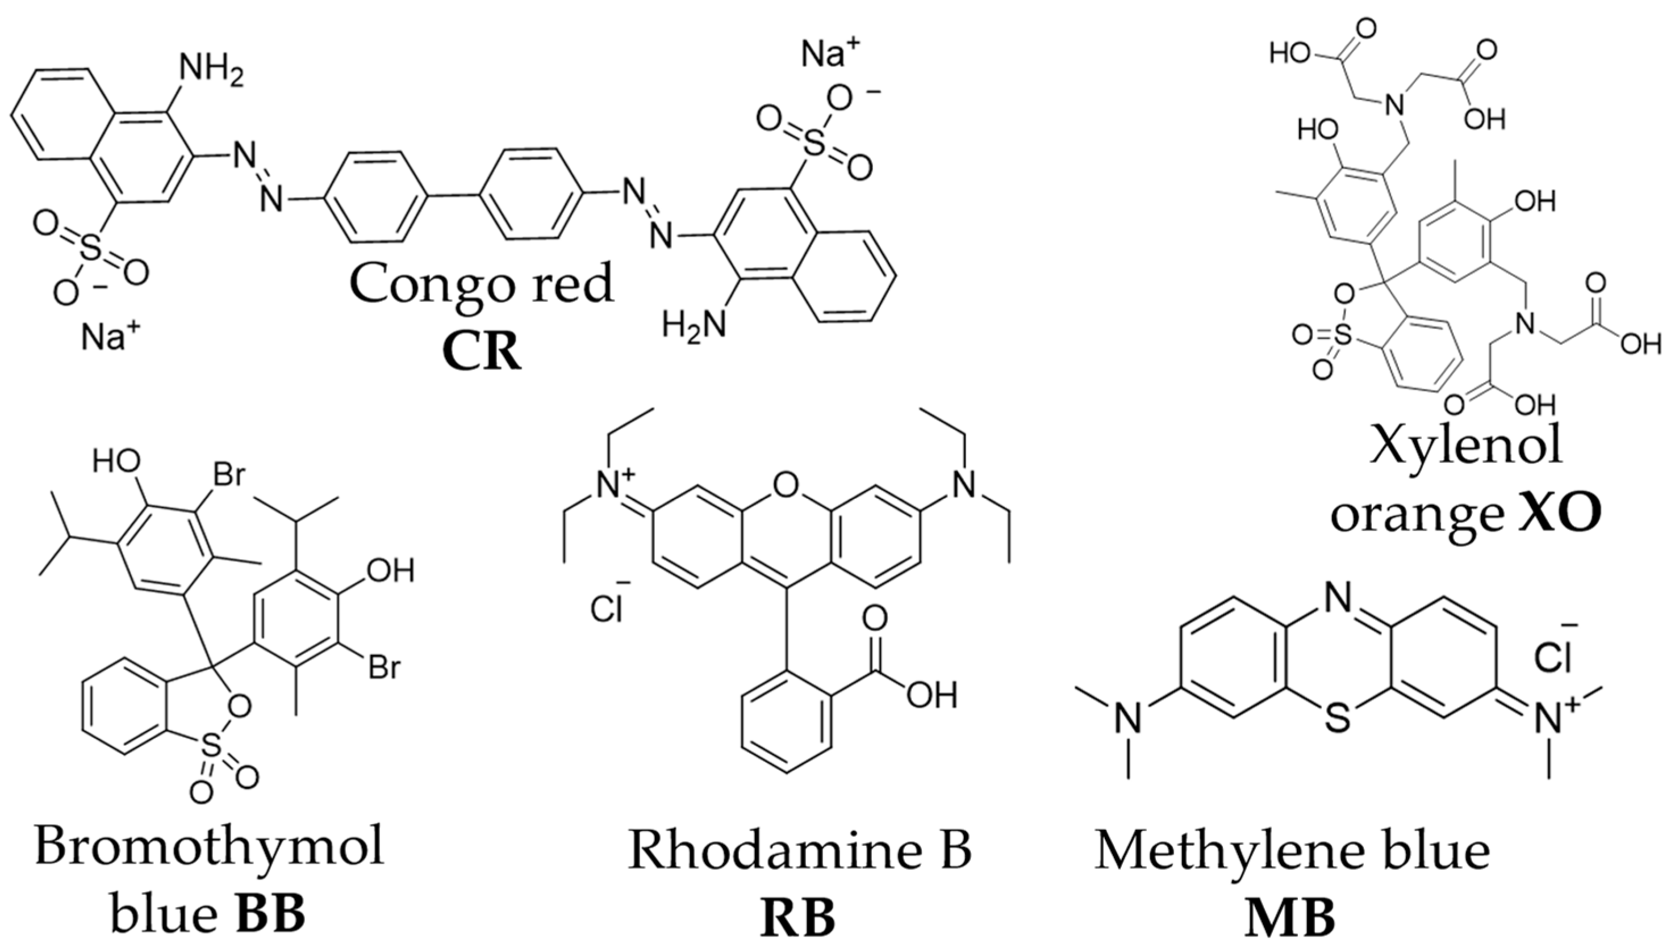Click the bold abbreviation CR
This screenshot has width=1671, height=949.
click(481, 352)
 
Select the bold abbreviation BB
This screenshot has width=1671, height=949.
click(270, 915)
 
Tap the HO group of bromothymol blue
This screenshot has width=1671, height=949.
click(116, 461)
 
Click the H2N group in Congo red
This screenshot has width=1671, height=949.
click(694, 324)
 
